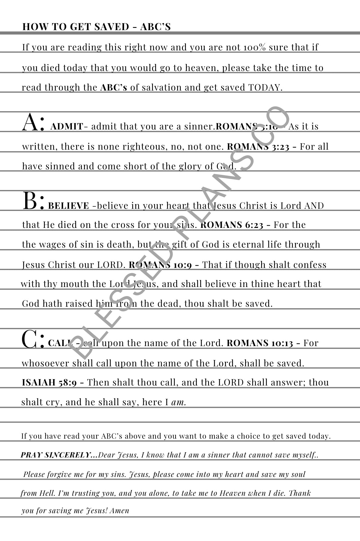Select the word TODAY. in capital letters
(265, 88)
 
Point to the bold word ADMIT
(66, 126)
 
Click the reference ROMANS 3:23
(258, 147)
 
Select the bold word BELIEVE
(69, 206)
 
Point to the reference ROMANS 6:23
(232, 225)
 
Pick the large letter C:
(33, 339)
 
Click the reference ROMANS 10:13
(260, 343)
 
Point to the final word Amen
(119, 511)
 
